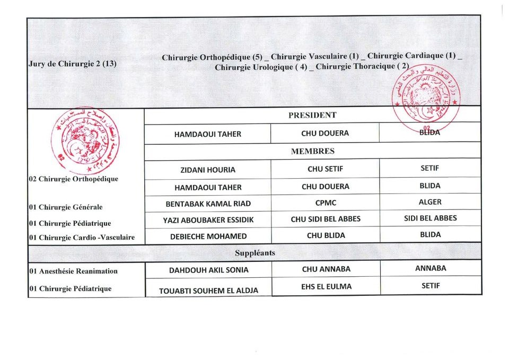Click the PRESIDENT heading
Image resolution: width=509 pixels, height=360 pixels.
pyautogui.click(x=312, y=115)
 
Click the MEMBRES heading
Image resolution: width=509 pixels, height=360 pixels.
pyautogui.click(x=313, y=151)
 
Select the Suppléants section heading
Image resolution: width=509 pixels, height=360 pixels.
pyautogui.click(x=254, y=253)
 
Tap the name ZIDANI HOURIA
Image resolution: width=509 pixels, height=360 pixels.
pyautogui.click(x=207, y=170)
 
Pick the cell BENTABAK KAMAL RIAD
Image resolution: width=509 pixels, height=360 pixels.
pyautogui.click(x=208, y=204)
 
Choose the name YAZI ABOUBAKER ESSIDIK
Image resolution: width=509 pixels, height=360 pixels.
pyautogui.click(x=208, y=220)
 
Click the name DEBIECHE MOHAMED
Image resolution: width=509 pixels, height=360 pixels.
pyautogui.click(x=208, y=236)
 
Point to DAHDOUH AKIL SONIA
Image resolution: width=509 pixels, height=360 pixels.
pyautogui.click(x=208, y=270)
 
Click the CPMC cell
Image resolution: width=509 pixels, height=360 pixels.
pyautogui.click(x=325, y=203)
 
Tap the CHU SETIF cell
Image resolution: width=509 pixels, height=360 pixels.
pyautogui.click(x=325, y=170)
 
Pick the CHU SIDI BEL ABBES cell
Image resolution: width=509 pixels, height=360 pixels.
pyautogui.click(x=325, y=219)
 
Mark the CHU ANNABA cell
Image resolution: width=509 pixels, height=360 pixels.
pyautogui.click(x=326, y=269)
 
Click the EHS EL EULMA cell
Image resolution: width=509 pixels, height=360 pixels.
pyautogui.click(x=326, y=287)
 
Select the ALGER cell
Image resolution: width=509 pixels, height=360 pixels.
pyautogui.click(x=429, y=202)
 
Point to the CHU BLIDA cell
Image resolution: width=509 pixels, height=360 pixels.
pyautogui.click(x=325, y=235)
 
